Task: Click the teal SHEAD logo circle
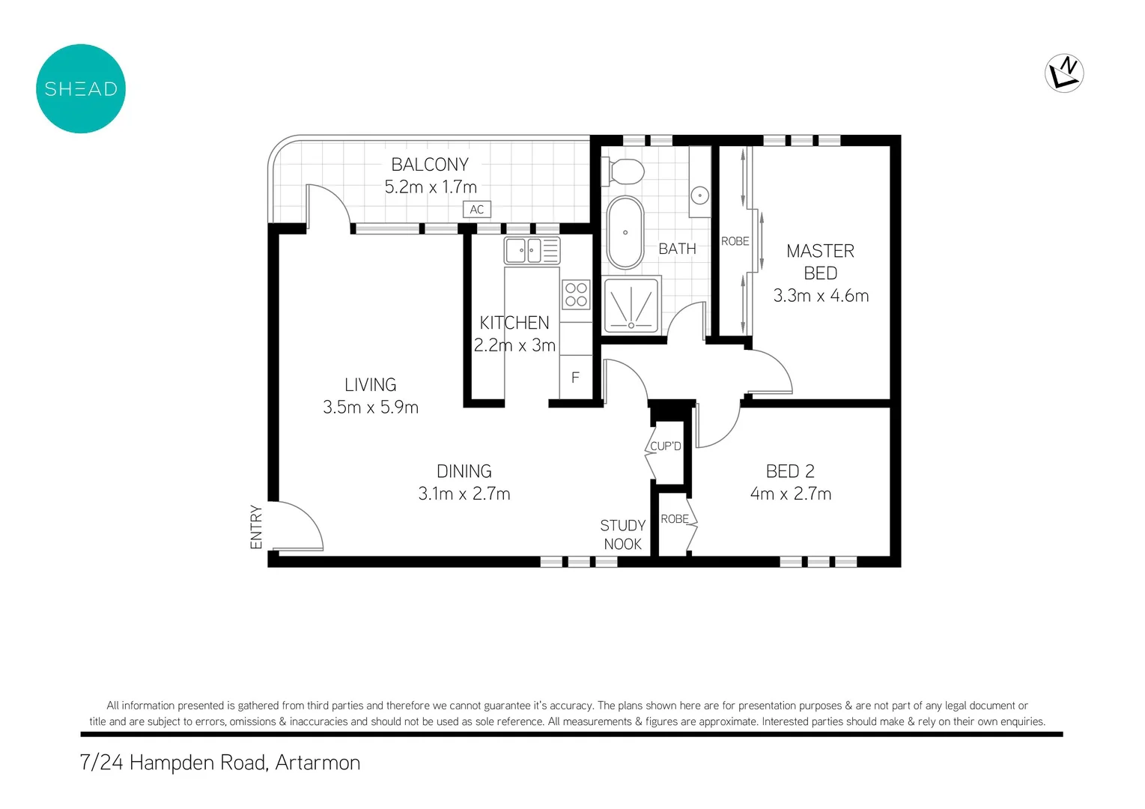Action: tap(81, 88)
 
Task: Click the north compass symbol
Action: tap(1063, 73)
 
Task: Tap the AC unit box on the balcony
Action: tap(477, 210)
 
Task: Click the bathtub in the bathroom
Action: tap(625, 233)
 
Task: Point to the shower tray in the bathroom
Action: tap(631, 305)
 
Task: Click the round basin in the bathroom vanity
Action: tap(699, 196)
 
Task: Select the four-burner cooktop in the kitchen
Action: tap(576, 294)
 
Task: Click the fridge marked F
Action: tap(575, 378)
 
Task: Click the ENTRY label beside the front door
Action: tap(256, 527)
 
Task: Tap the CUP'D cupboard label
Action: tap(665, 446)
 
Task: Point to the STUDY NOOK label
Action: tap(622, 535)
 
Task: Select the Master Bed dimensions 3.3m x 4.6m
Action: tap(821, 296)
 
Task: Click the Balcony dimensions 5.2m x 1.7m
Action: tap(431, 187)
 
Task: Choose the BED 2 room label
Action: tap(790, 471)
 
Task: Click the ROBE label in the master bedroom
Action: tap(735, 241)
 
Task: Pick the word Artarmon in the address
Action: tap(318, 763)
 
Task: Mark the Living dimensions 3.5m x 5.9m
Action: tap(371, 407)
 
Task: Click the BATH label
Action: tap(677, 249)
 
